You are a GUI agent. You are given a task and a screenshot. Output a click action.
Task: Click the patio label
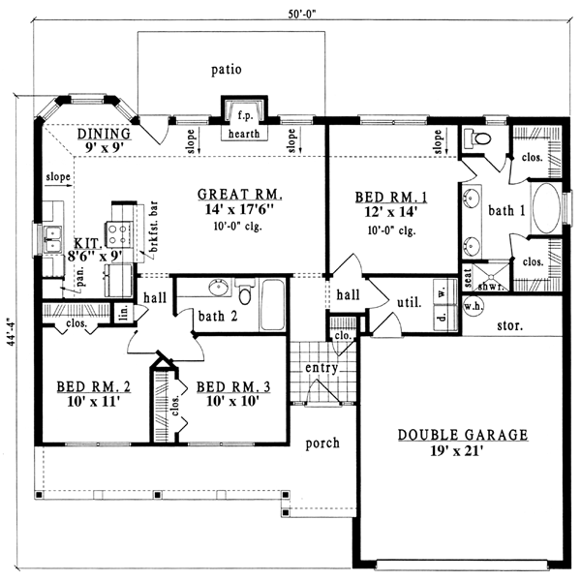(227, 70)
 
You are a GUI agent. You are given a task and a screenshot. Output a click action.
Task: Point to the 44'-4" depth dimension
(12, 331)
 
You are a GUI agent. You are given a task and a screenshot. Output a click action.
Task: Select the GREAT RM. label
(240, 195)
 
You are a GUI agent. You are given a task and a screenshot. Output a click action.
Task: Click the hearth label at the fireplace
(244, 134)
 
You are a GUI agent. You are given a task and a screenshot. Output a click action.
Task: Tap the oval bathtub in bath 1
(546, 208)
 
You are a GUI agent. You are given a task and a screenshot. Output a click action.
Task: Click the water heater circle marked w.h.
(474, 306)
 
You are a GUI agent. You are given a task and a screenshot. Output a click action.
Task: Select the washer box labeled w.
(445, 292)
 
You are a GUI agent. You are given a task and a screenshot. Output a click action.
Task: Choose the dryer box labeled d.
(445, 318)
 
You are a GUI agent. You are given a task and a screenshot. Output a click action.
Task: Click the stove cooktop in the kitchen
(118, 234)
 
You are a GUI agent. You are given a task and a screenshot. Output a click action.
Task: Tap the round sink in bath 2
(218, 288)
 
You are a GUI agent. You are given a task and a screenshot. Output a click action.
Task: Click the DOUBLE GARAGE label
(463, 435)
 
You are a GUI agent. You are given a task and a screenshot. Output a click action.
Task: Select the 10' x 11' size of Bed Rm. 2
(93, 401)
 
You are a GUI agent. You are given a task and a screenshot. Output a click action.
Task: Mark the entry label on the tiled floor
(321, 368)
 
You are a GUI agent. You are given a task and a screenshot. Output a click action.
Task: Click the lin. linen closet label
(125, 312)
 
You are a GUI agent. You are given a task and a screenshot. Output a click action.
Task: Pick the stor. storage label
(510, 325)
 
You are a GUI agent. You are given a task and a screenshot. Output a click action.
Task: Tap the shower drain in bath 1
(491, 276)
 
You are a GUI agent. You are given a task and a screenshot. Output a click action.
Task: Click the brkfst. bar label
(153, 227)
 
